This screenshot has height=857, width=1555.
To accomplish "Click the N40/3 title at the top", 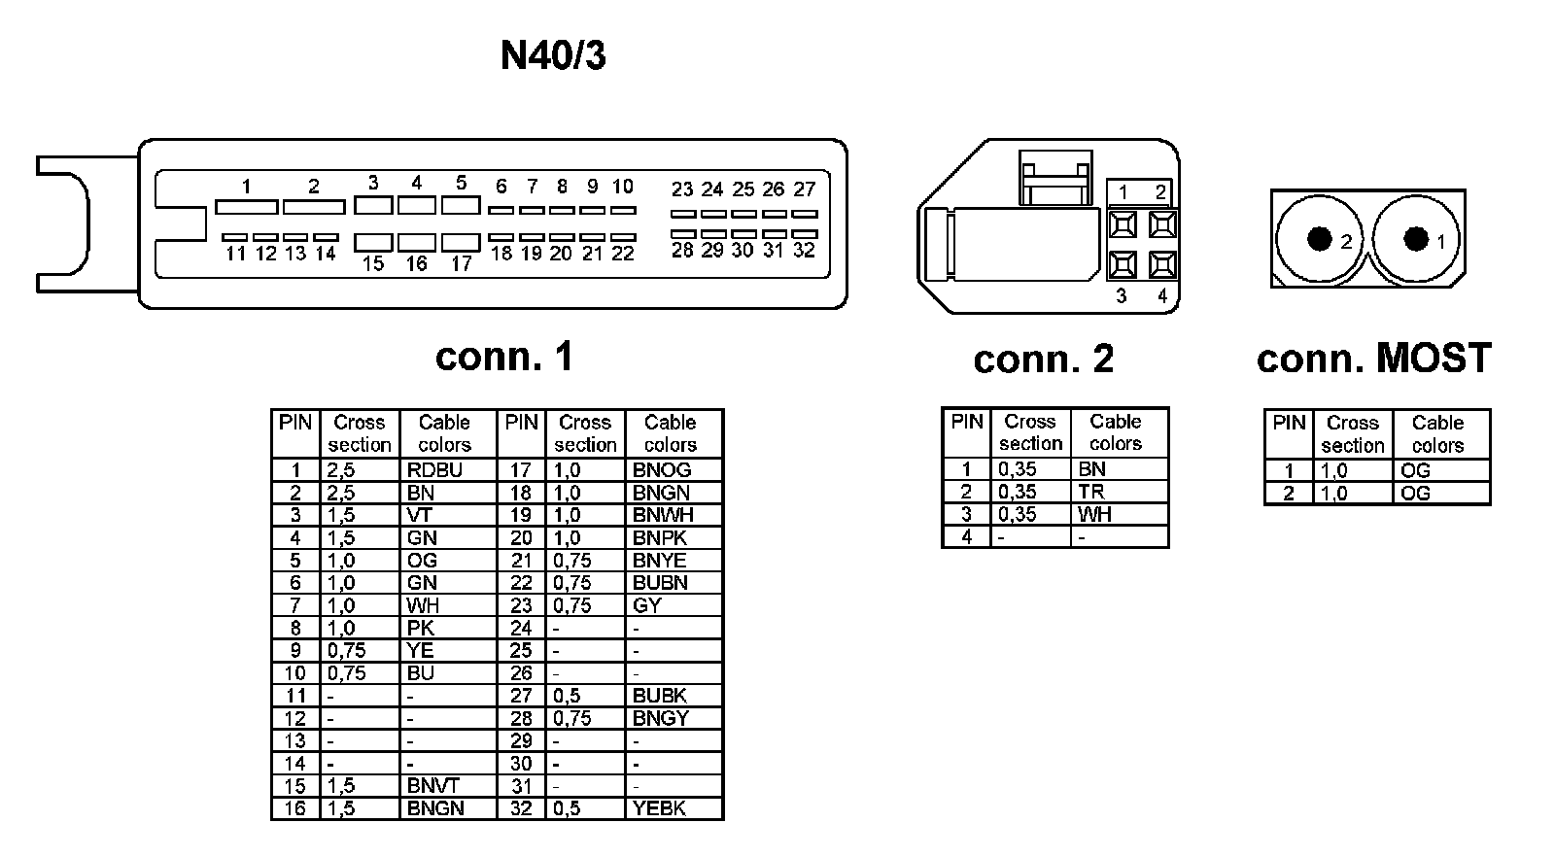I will pos(553,55).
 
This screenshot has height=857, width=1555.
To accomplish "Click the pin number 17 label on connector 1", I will pos(461,263).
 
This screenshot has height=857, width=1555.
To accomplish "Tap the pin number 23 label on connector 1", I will pos(682,189).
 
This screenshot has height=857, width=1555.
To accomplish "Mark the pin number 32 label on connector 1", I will pos(804,251).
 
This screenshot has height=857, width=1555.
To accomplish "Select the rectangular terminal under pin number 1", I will pos(246,207).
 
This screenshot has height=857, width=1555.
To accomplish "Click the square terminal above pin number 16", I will pos(417,242).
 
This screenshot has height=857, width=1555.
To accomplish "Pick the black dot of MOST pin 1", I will pos(1416,238).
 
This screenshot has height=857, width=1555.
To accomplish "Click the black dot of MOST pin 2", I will pos(1319,238).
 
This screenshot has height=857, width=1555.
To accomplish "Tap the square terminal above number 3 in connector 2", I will pos(1123,264).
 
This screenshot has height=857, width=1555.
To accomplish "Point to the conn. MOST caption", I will pos(1373,359).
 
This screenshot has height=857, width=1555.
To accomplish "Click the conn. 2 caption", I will pos(1043,360).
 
